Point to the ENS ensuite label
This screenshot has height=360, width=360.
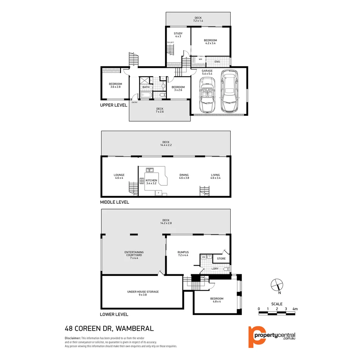point(217,62)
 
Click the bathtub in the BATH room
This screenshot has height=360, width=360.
point(146,95)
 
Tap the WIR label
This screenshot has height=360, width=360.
point(200,59)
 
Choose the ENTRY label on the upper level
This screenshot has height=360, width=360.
point(135,102)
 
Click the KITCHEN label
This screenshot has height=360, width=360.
point(151,180)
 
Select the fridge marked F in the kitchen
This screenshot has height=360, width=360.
point(159,193)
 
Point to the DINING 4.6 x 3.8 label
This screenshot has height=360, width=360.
point(184,176)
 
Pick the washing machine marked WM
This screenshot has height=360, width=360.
point(203,257)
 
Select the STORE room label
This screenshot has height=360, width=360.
point(221,259)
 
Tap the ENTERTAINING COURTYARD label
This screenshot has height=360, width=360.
point(134,254)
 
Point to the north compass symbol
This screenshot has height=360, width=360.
point(276,285)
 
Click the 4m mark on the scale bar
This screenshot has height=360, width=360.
point(295,309)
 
